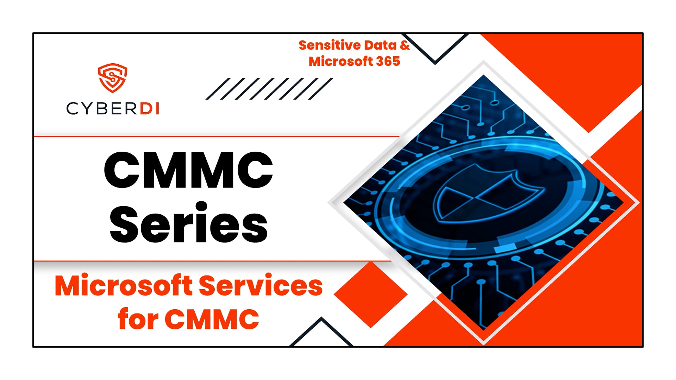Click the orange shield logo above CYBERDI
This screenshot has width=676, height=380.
tap(112, 78)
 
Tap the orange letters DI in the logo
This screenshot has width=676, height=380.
tap(150, 108)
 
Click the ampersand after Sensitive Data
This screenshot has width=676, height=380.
tap(405, 45)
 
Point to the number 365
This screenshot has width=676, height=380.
tap(388, 62)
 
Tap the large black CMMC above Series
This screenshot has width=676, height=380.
tap(189, 170)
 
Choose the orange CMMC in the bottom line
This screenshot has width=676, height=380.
tap(212, 319)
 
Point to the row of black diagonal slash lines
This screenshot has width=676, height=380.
tap(269, 89)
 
